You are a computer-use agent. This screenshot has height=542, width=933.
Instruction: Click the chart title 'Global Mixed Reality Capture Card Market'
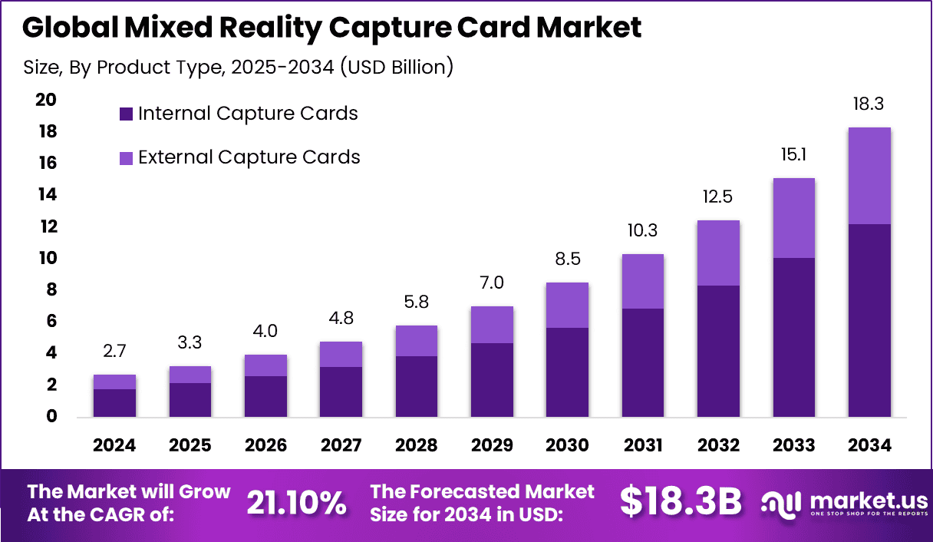coord(331,28)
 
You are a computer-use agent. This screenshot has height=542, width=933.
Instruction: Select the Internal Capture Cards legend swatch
coord(127,114)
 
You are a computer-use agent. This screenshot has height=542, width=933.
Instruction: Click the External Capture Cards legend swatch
coord(127,158)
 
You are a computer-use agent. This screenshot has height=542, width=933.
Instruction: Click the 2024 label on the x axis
coord(114,446)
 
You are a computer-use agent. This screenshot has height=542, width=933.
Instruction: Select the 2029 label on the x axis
coord(491,446)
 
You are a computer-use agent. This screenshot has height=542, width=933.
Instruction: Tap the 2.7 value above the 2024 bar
coord(114,352)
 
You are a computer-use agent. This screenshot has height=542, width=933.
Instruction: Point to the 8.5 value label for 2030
coord(567,259)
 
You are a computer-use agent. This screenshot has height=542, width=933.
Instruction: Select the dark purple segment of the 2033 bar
coord(793,337)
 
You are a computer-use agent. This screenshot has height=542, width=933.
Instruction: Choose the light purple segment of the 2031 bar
coord(642,281)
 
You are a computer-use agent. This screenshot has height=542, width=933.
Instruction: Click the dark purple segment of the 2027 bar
coord(341,392)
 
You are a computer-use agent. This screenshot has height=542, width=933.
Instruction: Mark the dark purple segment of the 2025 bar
coord(190,399)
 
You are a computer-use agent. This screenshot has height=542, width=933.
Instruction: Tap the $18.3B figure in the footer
coord(681,502)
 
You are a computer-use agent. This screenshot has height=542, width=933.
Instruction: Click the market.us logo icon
coord(781,503)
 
